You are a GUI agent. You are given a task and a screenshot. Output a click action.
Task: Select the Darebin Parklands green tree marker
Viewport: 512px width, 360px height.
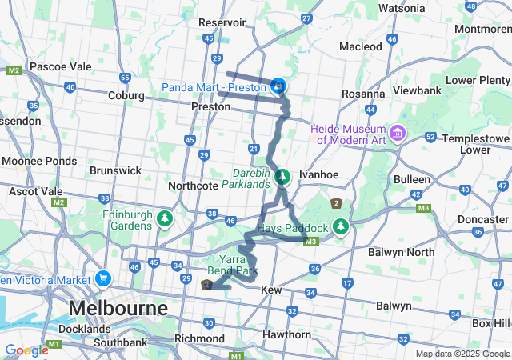[282, 177]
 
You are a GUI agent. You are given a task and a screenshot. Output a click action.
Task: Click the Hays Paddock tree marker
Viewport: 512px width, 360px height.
[341, 227]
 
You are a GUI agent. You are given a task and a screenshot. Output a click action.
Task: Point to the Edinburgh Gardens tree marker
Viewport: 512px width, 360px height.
[165, 218]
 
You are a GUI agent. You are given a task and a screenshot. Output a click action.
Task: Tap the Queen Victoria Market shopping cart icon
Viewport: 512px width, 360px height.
[103, 278]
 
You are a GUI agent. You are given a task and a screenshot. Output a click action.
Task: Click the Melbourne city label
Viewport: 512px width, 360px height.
[118, 308]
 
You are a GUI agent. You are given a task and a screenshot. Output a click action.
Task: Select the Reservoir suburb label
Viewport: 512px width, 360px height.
[226, 23]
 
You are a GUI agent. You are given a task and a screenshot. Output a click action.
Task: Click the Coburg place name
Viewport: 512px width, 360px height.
[123, 95]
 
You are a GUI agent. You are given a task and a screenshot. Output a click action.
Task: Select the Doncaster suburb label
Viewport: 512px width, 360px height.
[482, 218]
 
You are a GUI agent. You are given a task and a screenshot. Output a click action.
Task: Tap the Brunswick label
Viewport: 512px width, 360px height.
[115, 170]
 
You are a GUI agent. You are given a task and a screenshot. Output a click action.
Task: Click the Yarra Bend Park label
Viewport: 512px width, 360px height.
[234, 266]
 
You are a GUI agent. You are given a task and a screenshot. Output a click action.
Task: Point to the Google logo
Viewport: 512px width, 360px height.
[26, 350]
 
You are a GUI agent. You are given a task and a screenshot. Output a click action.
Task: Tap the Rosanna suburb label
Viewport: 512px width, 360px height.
[364, 94]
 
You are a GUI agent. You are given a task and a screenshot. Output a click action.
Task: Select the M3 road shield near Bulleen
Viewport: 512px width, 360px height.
[423, 208]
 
